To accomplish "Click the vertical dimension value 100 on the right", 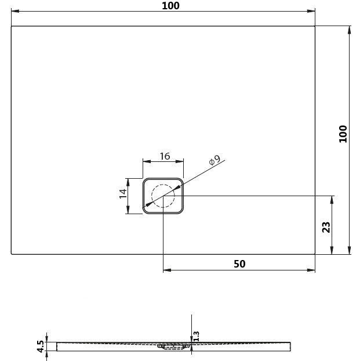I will pyautogui.click(x=343, y=134).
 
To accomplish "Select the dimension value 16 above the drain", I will pyautogui.click(x=164, y=156).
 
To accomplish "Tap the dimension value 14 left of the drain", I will pyautogui.click(x=123, y=193).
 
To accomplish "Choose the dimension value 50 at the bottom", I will pyautogui.click(x=239, y=263).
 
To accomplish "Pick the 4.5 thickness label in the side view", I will pyautogui.click(x=41, y=346).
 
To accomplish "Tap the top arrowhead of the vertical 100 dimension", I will pyautogui.click(x=350, y=29).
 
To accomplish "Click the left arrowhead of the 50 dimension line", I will pyautogui.click(x=166, y=270).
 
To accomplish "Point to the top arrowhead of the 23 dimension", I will pyautogui.click(x=332, y=199).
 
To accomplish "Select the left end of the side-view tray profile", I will pyautogui.click(x=58, y=346).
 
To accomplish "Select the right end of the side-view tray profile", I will pyautogui.click(x=289, y=346).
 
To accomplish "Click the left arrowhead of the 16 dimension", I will pyautogui.click(x=146, y=162).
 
